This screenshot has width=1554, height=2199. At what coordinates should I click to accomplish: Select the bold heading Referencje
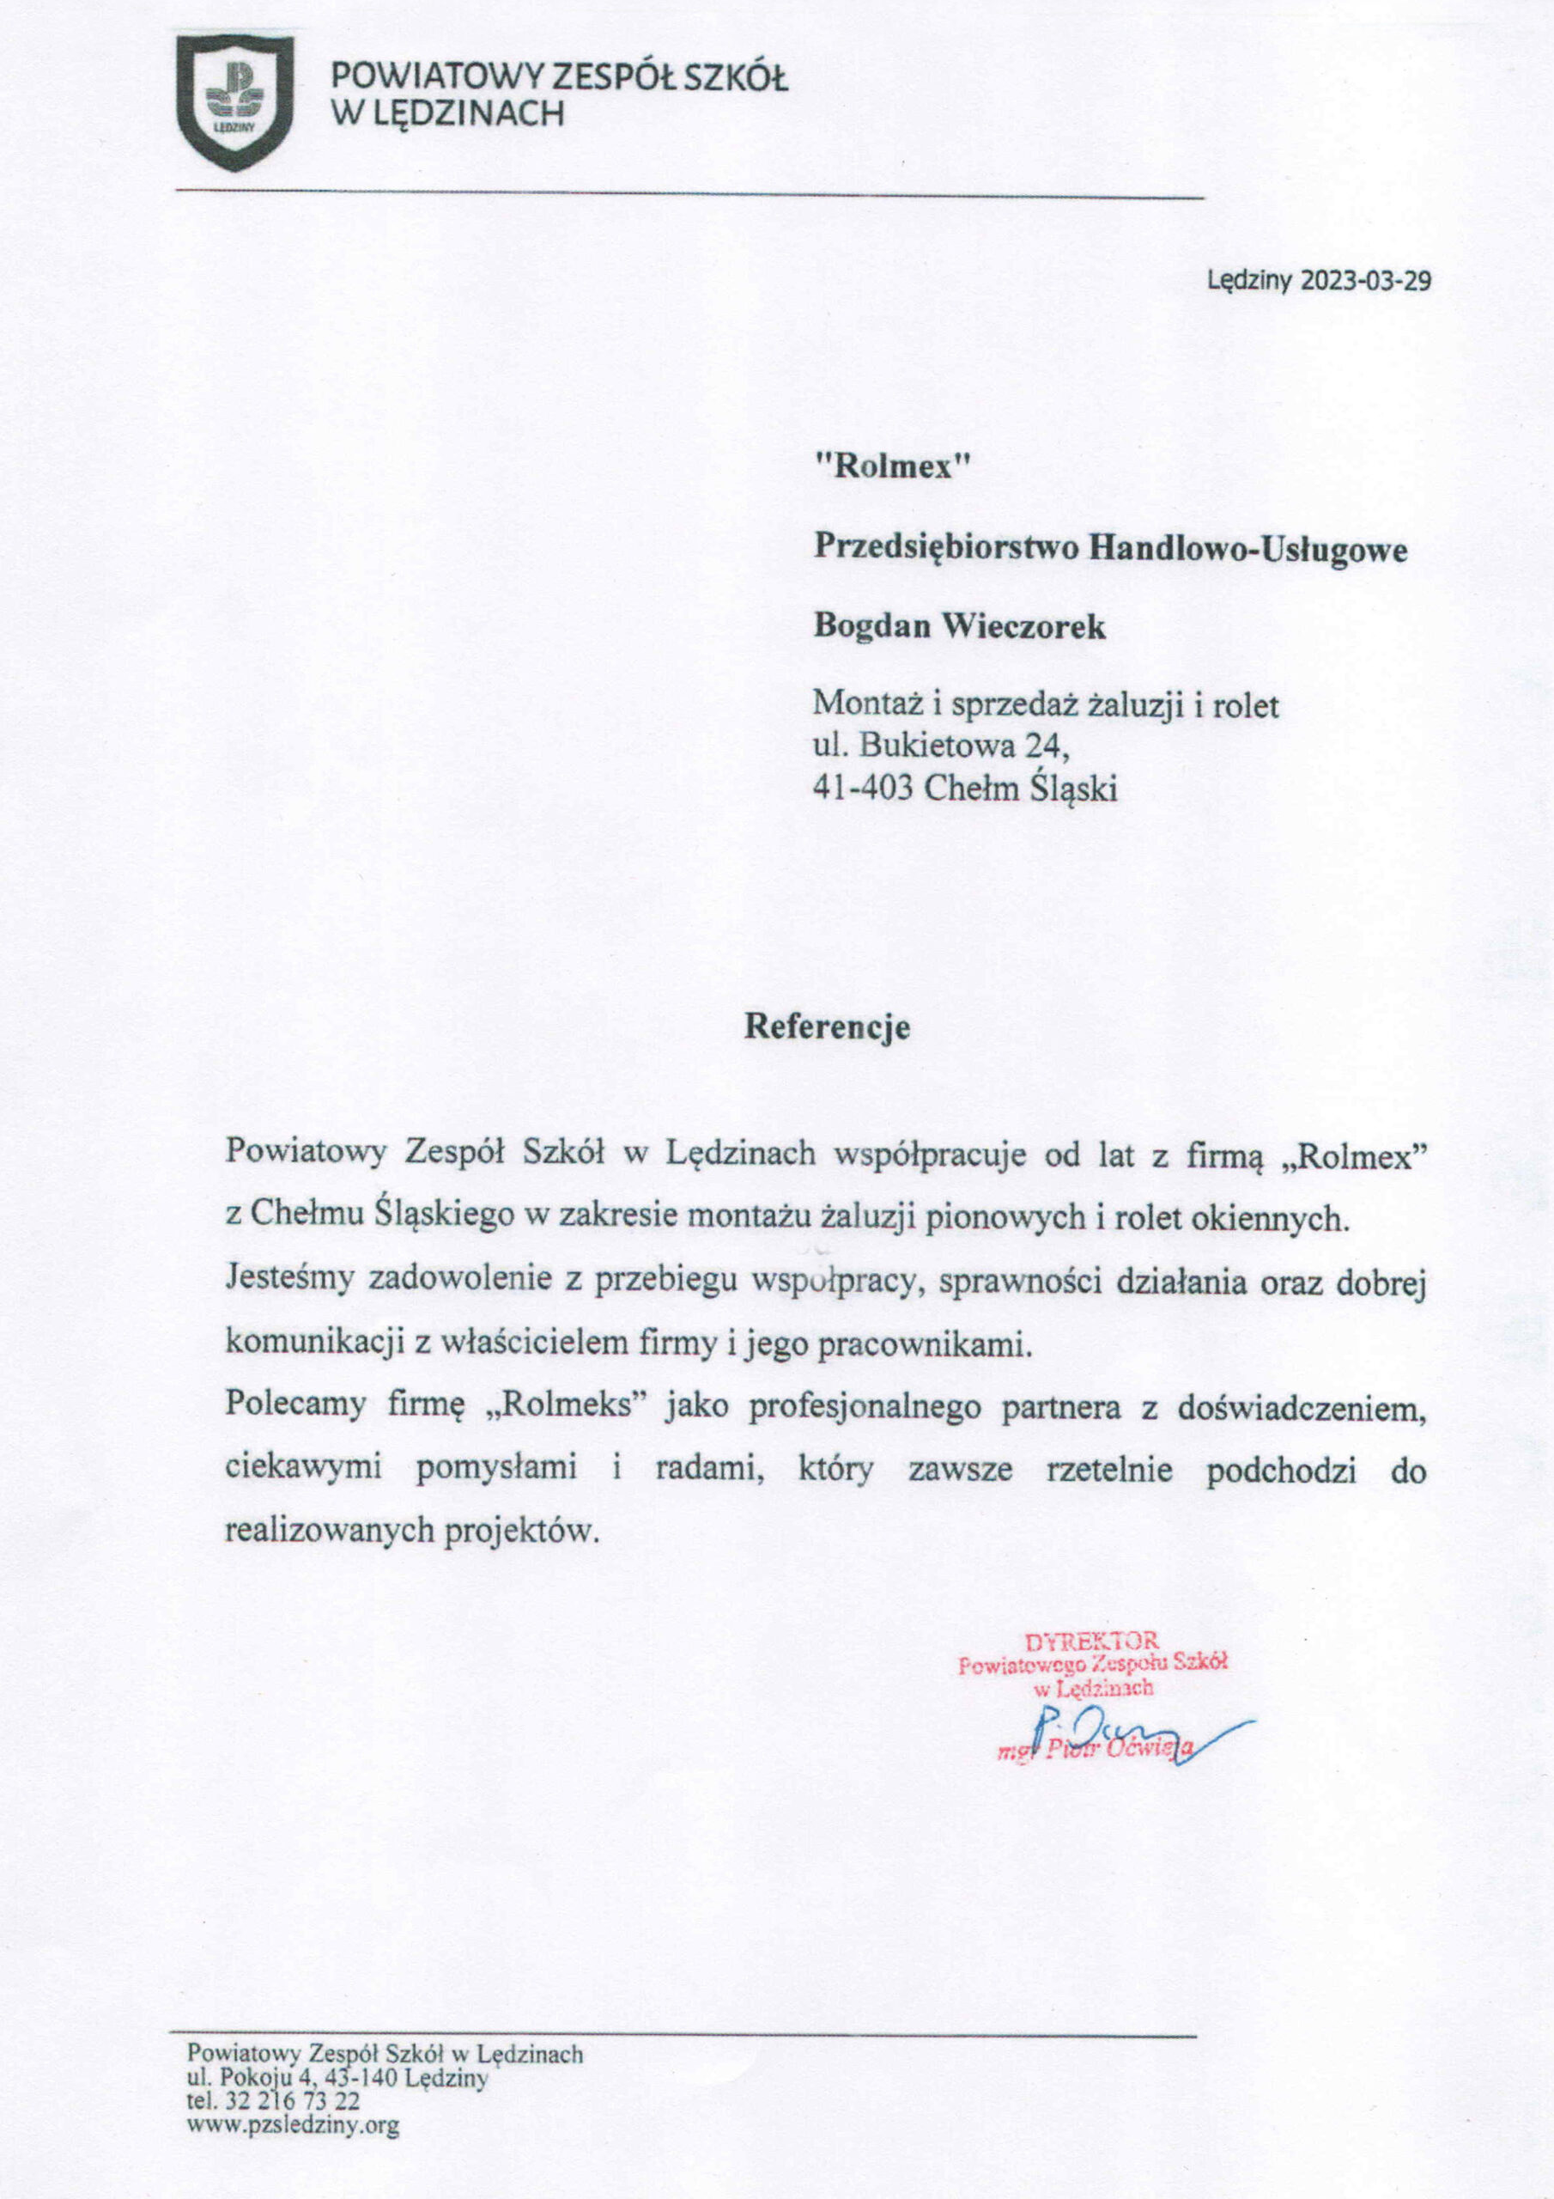[x=828, y=1026]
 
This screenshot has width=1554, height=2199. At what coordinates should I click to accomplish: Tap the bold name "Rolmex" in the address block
[x=892, y=466]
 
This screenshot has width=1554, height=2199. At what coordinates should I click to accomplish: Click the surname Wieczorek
[x=1024, y=626]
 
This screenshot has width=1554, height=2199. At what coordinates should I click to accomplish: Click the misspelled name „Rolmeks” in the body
[x=568, y=1405]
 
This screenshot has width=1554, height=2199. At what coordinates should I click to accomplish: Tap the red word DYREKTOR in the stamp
[x=1091, y=1641]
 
